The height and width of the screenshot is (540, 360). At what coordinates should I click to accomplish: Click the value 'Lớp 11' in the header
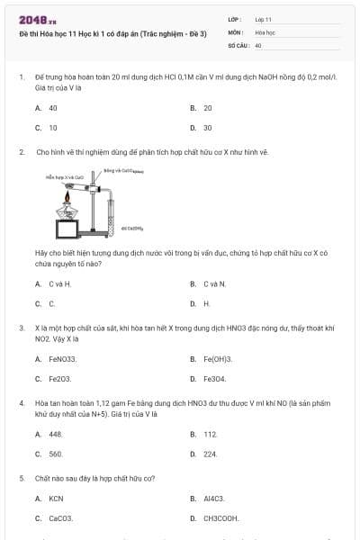pyautogui.click(x=263, y=19)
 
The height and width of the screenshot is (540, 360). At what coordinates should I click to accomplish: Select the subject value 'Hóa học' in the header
pyautogui.click(x=264, y=31)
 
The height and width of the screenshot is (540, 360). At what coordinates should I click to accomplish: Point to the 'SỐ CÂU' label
pyautogui.click(x=237, y=44)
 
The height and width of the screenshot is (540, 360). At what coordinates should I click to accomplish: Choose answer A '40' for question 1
pyautogui.click(x=53, y=107)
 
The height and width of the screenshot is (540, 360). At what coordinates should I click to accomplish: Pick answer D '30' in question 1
pyautogui.click(x=208, y=128)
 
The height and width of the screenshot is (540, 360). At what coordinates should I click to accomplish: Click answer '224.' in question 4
pyautogui.click(x=211, y=454)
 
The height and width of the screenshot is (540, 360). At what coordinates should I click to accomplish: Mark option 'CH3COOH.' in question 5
pyautogui.click(x=220, y=518)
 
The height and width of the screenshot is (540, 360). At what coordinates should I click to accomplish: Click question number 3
pyautogui.click(x=22, y=328)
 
